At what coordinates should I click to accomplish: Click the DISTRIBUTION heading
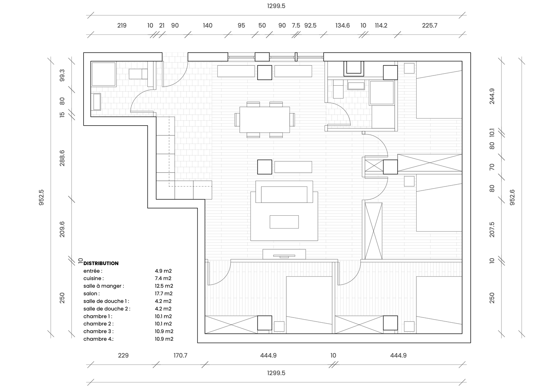(101, 263)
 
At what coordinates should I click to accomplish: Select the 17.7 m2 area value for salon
(164, 294)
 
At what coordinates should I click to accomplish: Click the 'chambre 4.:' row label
(98, 339)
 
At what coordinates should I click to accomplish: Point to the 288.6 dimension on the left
(62, 158)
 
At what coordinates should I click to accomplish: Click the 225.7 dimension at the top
(429, 25)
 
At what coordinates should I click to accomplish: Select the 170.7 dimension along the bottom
(180, 355)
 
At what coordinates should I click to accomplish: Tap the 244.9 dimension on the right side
(492, 96)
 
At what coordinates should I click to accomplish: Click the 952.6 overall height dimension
(512, 197)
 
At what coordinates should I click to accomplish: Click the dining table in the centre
(264, 120)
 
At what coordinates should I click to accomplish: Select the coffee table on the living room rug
(284, 222)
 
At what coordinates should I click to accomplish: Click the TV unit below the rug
(284, 254)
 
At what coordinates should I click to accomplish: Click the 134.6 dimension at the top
(342, 25)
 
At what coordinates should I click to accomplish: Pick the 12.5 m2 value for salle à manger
(164, 286)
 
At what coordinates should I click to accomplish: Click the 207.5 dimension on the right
(492, 229)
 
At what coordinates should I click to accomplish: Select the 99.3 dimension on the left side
(62, 76)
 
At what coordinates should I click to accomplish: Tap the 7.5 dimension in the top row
(296, 25)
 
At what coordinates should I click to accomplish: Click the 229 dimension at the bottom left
(123, 355)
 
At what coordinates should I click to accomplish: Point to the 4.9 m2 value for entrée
(163, 271)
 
